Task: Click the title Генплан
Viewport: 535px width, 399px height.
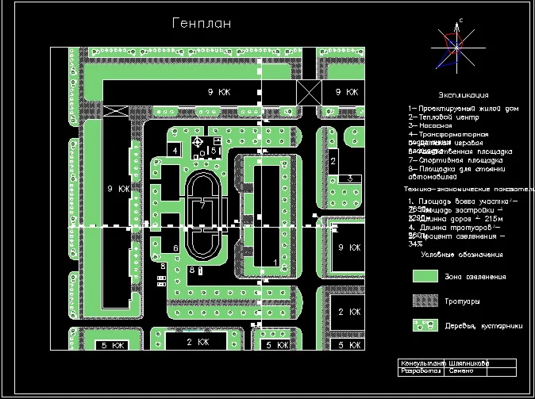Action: pos(202,24)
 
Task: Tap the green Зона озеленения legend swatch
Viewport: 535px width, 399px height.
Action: pos(426,275)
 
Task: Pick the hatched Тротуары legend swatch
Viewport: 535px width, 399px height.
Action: pos(426,301)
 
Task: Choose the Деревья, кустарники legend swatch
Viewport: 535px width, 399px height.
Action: pos(426,325)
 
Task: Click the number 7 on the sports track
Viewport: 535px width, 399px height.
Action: pos(203,205)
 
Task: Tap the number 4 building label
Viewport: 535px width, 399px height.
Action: pos(175,150)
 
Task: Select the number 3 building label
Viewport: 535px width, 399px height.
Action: pos(350,178)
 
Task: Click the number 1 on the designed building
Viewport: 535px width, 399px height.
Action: pos(275,261)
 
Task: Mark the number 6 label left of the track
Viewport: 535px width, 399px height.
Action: pos(175,248)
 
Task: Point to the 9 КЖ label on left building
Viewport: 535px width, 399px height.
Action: pos(117,189)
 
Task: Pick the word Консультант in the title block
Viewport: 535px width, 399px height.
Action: pos(418,363)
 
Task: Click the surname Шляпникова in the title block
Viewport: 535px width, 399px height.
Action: pos(468,363)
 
